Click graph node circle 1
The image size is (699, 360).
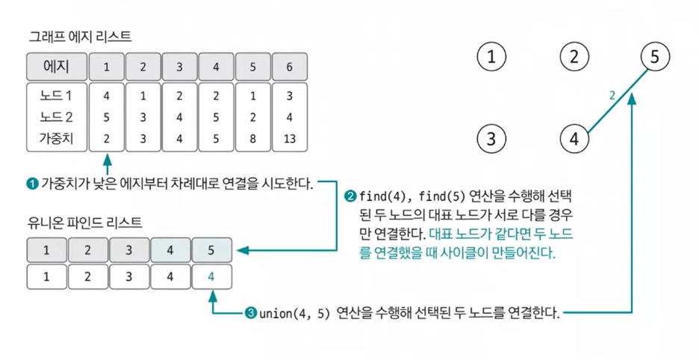click(x=491, y=57)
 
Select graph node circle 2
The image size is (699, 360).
click(x=574, y=57)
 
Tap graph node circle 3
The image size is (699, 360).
click(x=491, y=138)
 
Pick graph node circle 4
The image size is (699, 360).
click(x=574, y=138)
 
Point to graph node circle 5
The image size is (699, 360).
click(x=655, y=57)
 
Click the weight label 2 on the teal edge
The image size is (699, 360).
click(x=612, y=96)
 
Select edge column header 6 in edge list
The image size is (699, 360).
click(x=289, y=67)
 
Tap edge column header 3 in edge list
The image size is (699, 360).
click(x=180, y=67)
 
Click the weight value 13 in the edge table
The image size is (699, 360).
click(x=289, y=138)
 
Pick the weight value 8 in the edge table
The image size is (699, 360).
click(x=252, y=138)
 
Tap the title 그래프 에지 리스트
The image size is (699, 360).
click(x=81, y=36)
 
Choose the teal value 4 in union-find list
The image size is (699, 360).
click(x=211, y=276)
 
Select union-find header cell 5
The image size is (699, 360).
click(x=211, y=250)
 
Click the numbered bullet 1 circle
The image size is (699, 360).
click(x=32, y=182)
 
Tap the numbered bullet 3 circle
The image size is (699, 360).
click(x=250, y=313)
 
